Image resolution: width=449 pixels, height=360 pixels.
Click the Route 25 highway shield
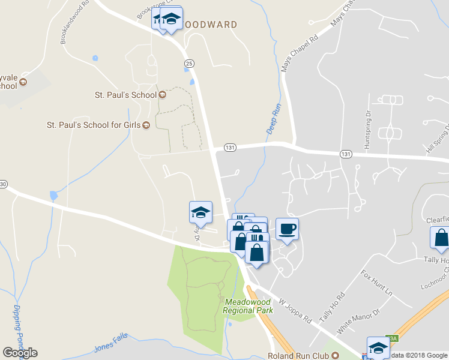coord(190,63)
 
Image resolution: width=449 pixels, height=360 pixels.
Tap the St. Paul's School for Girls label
coord(94,125)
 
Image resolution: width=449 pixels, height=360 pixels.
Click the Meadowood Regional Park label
coord(248,306)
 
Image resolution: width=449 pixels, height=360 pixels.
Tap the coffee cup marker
coord(287,229)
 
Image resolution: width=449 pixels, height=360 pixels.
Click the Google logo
coord(20,352)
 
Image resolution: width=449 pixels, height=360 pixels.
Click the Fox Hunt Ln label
coord(376,283)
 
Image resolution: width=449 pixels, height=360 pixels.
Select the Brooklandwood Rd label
coord(75,22)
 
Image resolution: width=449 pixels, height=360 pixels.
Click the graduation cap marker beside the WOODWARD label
coord(172,19)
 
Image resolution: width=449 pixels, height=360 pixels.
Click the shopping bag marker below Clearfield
coord(441,238)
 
